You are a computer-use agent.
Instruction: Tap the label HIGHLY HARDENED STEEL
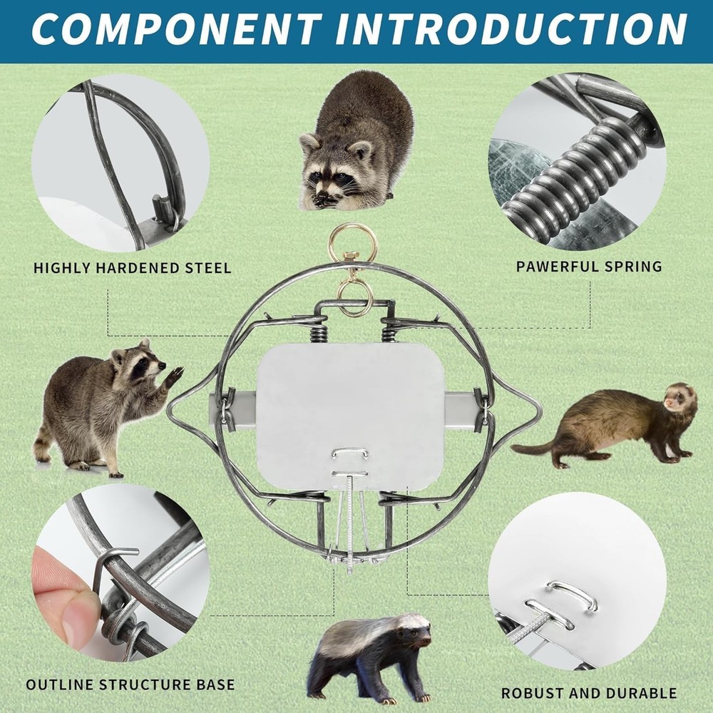click(x=133, y=269)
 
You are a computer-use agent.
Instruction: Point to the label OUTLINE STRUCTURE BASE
click(x=130, y=684)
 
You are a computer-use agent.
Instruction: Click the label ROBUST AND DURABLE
click(x=589, y=692)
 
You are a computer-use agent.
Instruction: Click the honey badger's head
click(x=414, y=631)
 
